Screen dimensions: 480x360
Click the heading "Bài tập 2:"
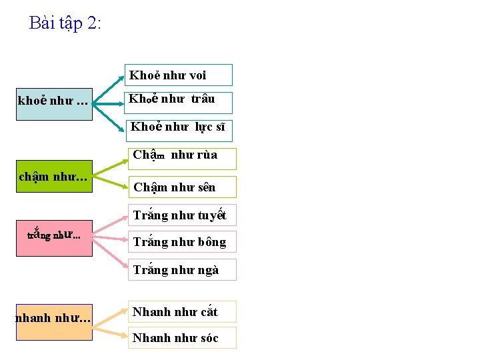pos(65,23)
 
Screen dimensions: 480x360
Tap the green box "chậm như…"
pos(54,177)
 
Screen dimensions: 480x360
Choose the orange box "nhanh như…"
pos(54,322)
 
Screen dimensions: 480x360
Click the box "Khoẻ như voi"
pos(179,75)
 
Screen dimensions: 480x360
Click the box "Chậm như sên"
pos(182,187)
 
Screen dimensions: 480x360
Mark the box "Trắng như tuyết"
pos(182,215)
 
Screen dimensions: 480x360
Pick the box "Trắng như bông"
pos(182,242)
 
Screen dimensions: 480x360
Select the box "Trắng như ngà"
pos(182,270)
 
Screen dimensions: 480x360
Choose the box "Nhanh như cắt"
pos(182,312)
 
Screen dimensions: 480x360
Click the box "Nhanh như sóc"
pos(182,338)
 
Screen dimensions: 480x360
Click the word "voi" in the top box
pos(198,75)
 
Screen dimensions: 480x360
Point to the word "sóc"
pos(209,338)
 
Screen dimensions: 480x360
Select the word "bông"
pos(212,242)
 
